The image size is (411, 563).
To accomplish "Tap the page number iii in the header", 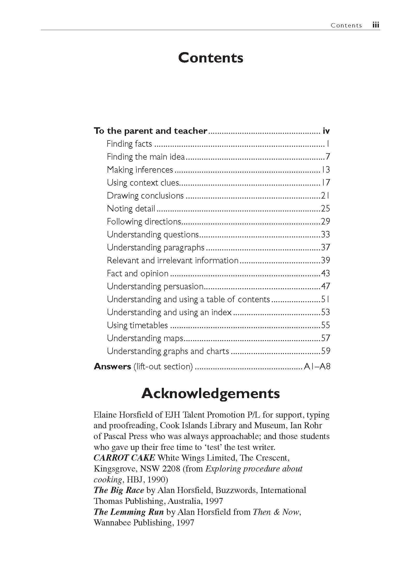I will (x=376, y=25).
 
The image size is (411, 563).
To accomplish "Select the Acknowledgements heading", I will (x=211, y=393).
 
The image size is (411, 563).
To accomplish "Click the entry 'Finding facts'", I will (x=129, y=144).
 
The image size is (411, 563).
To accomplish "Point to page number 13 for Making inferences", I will (x=325, y=170).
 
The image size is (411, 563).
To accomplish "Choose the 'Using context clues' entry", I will (x=143, y=183).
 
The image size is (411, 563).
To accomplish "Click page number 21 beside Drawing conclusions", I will (x=325, y=196).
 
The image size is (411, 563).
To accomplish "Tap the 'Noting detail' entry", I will (x=131, y=209).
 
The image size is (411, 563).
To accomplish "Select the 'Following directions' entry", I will (x=144, y=222).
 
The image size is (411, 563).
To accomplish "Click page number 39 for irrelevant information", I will (x=325, y=261).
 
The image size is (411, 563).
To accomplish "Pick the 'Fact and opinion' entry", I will (x=138, y=273).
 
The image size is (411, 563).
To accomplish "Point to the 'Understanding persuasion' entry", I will (x=155, y=286).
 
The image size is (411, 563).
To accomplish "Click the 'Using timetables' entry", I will (x=137, y=325).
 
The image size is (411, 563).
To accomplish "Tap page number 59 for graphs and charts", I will (x=325, y=351).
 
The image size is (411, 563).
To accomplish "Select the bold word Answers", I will (x=113, y=367).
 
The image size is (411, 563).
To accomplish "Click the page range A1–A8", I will (x=317, y=367).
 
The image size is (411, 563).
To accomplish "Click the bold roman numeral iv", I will (x=326, y=131).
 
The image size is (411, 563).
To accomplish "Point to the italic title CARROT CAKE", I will (x=124, y=458).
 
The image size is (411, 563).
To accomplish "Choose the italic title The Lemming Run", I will (x=129, y=512).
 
